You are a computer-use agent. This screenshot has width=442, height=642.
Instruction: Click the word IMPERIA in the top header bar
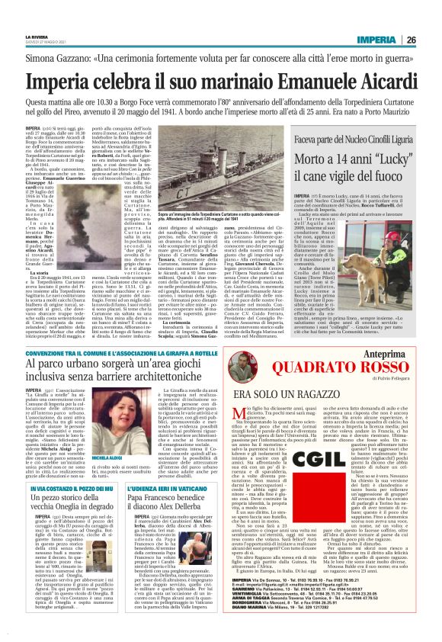click(x=374, y=40)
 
